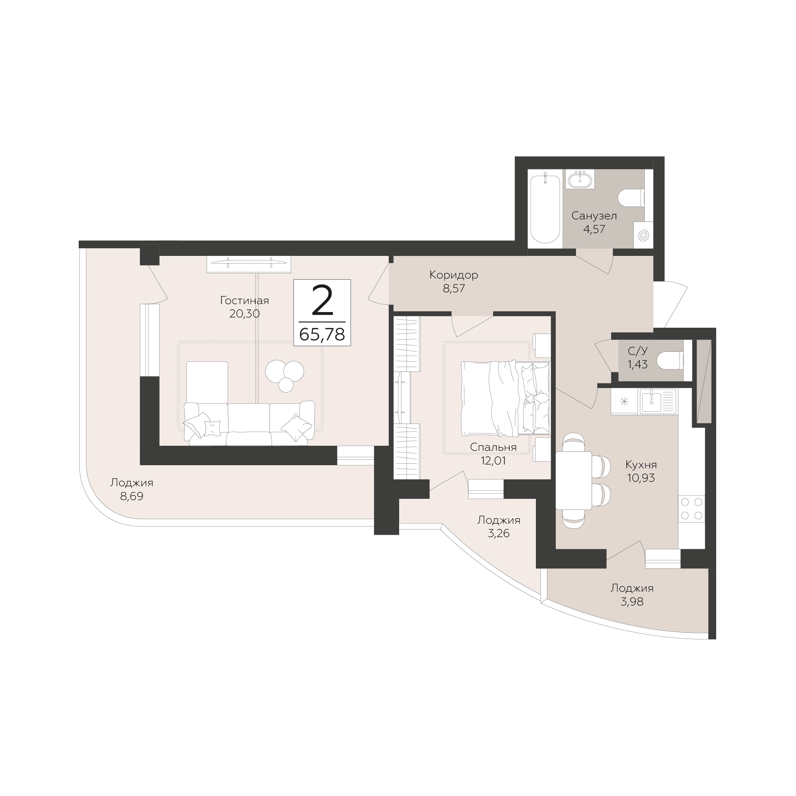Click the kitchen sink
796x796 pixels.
pyautogui.click(x=658, y=402)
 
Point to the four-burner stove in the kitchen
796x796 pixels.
pyautogui.click(x=692, y=508)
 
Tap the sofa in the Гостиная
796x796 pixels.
pyautogui.click(x=249, y=423)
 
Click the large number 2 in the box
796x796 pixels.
pyautogui.click(x=322, y=301)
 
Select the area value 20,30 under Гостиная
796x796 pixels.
pyautogui.click(x=245, y=314)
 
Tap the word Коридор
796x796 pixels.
pyautogui.click(x=454, y=275)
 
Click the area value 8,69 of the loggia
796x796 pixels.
pyautogui.click(x=132, y=497)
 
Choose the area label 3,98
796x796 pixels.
pyautogui.click(x=632, y=602)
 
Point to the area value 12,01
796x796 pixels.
pyautogui.click(x=493, y=461)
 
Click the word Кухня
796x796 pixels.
pyautogui.click(x=641, y=465)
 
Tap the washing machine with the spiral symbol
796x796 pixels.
pyautogui.click(x=643, y=235)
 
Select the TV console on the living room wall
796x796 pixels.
pyautogui.click(x=249, y=264)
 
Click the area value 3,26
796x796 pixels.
pyautogui.click(x=499, y=534)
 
